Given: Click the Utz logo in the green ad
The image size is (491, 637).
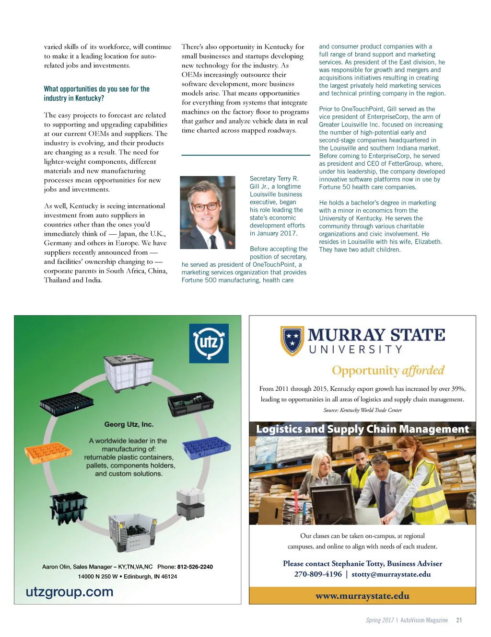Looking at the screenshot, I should coord(209,343).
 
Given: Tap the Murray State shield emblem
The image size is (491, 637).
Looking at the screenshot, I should coord(292,341).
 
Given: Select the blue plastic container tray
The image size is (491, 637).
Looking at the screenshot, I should coord(207,448).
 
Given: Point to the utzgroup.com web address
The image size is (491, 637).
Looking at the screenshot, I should coord(70,592).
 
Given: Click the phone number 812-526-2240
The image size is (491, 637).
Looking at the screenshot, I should coord(195,567).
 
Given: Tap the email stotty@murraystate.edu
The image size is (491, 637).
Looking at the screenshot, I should coord(391,574).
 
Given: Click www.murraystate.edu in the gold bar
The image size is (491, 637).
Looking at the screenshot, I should coord(362,596).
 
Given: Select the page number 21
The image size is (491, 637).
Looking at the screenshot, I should coord(459,620).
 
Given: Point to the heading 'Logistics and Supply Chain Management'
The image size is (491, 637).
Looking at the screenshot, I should coord(362,429).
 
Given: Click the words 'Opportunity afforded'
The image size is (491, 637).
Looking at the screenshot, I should coord(388,371).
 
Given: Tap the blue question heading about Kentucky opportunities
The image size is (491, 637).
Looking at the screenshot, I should coord(96,93).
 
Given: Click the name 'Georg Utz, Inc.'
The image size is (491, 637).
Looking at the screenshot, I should coord(129,424).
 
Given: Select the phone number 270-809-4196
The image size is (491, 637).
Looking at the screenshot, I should coord(318,574).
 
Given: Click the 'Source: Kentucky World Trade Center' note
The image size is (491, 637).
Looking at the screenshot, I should coord(362,410).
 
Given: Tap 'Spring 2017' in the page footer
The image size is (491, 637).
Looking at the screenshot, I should coord(380,620).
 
